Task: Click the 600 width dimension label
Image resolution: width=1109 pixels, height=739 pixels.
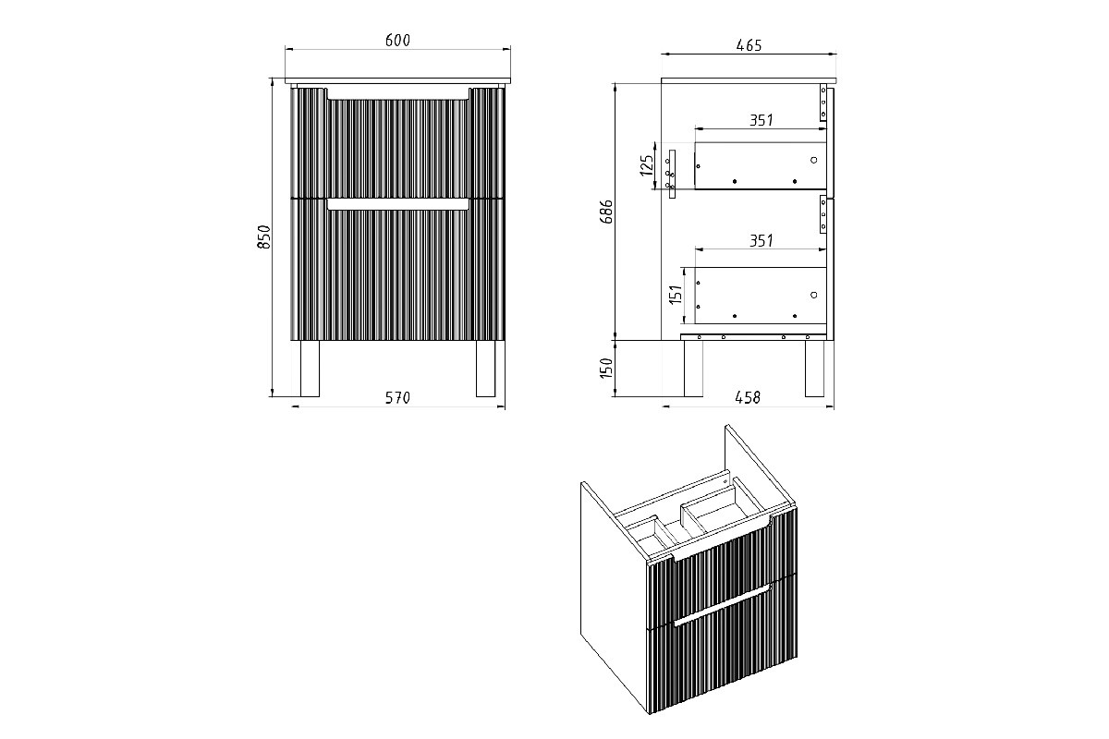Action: [x=397, y=40]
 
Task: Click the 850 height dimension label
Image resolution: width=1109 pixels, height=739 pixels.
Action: [x=264, y=236]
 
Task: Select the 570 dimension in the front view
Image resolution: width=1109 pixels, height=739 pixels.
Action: [x=397, y=397]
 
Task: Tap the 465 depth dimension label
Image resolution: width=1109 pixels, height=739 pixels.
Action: [x=749, y=45]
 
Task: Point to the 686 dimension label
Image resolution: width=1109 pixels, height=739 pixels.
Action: [x=606, y=212]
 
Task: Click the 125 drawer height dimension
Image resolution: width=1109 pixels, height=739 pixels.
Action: [x=647, y=165]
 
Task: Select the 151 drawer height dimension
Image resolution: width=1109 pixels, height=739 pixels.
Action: [x=676, y=294]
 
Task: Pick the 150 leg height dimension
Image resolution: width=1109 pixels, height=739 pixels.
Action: [x=606, y=369]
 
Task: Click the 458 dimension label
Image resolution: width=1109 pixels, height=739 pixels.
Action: [x=748, y=397]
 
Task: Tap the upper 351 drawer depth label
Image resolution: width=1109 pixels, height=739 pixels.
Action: [x=761, y=120]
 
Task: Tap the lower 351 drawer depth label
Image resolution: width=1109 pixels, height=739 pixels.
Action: [x=761, y=240]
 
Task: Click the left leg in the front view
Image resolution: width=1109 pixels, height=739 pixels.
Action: [x=310, y=369]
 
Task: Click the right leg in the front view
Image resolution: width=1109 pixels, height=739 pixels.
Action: [x=486, y=369]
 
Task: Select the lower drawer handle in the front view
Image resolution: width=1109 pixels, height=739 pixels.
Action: [x=397, y=204]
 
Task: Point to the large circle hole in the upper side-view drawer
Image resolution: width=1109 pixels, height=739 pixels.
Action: [x=814, y=160]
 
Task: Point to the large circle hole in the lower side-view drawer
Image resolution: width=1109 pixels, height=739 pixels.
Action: [x=814, y=295]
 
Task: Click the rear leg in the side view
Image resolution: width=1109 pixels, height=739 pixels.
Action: [x=694, y=369]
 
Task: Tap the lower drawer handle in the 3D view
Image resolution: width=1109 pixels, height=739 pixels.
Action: [x=722, y=605]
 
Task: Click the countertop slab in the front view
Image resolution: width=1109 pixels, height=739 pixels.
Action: [x=397, y=80]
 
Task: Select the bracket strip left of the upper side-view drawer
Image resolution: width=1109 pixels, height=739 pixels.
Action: [x=672, y=175]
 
